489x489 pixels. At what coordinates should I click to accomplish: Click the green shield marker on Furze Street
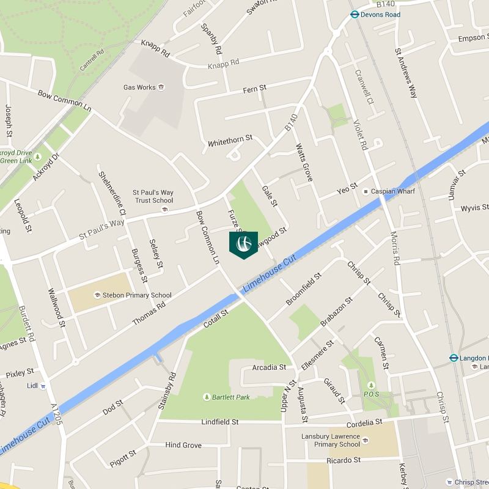243,244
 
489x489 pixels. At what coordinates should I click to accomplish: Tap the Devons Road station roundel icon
354,15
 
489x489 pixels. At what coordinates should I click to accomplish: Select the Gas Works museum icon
161,87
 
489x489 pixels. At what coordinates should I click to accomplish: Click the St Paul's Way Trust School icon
164,210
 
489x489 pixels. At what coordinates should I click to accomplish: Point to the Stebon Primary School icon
97,295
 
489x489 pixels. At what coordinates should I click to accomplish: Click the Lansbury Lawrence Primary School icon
366,440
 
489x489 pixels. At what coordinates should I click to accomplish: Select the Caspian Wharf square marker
366,192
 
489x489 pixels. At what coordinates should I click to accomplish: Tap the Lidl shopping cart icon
43,386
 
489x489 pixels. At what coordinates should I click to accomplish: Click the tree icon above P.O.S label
371,385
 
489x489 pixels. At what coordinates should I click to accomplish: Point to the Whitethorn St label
230,140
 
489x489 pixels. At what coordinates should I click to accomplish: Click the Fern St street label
254,89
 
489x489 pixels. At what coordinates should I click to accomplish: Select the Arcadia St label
269,367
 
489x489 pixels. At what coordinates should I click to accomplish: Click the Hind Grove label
183,445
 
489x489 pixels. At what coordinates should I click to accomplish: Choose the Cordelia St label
364,422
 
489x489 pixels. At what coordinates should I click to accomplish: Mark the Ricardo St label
344,460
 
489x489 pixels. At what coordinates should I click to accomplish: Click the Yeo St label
347,189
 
